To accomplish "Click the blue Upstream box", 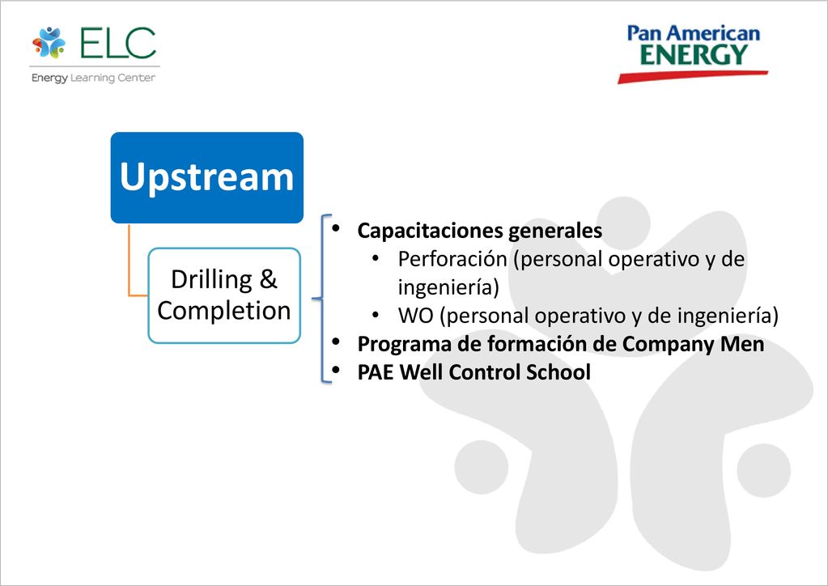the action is (207, 177).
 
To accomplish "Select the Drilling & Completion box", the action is (224, 295).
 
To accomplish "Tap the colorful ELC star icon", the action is (49, 42).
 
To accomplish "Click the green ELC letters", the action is (118, 42).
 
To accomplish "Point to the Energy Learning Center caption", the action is (93, 79).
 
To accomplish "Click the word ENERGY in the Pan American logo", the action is (694, 54).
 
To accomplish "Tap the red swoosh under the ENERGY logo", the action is (693, 77).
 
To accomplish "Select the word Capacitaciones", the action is (430, 231).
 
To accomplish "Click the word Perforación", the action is (452, 259).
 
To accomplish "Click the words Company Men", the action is (693, 344).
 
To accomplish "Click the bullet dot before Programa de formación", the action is (336, 342).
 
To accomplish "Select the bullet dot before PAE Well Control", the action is (336, 370).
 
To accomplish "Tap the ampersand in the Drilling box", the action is (268, 279).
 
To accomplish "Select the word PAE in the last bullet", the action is (376, 372).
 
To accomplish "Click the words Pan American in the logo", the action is (694, 33).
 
